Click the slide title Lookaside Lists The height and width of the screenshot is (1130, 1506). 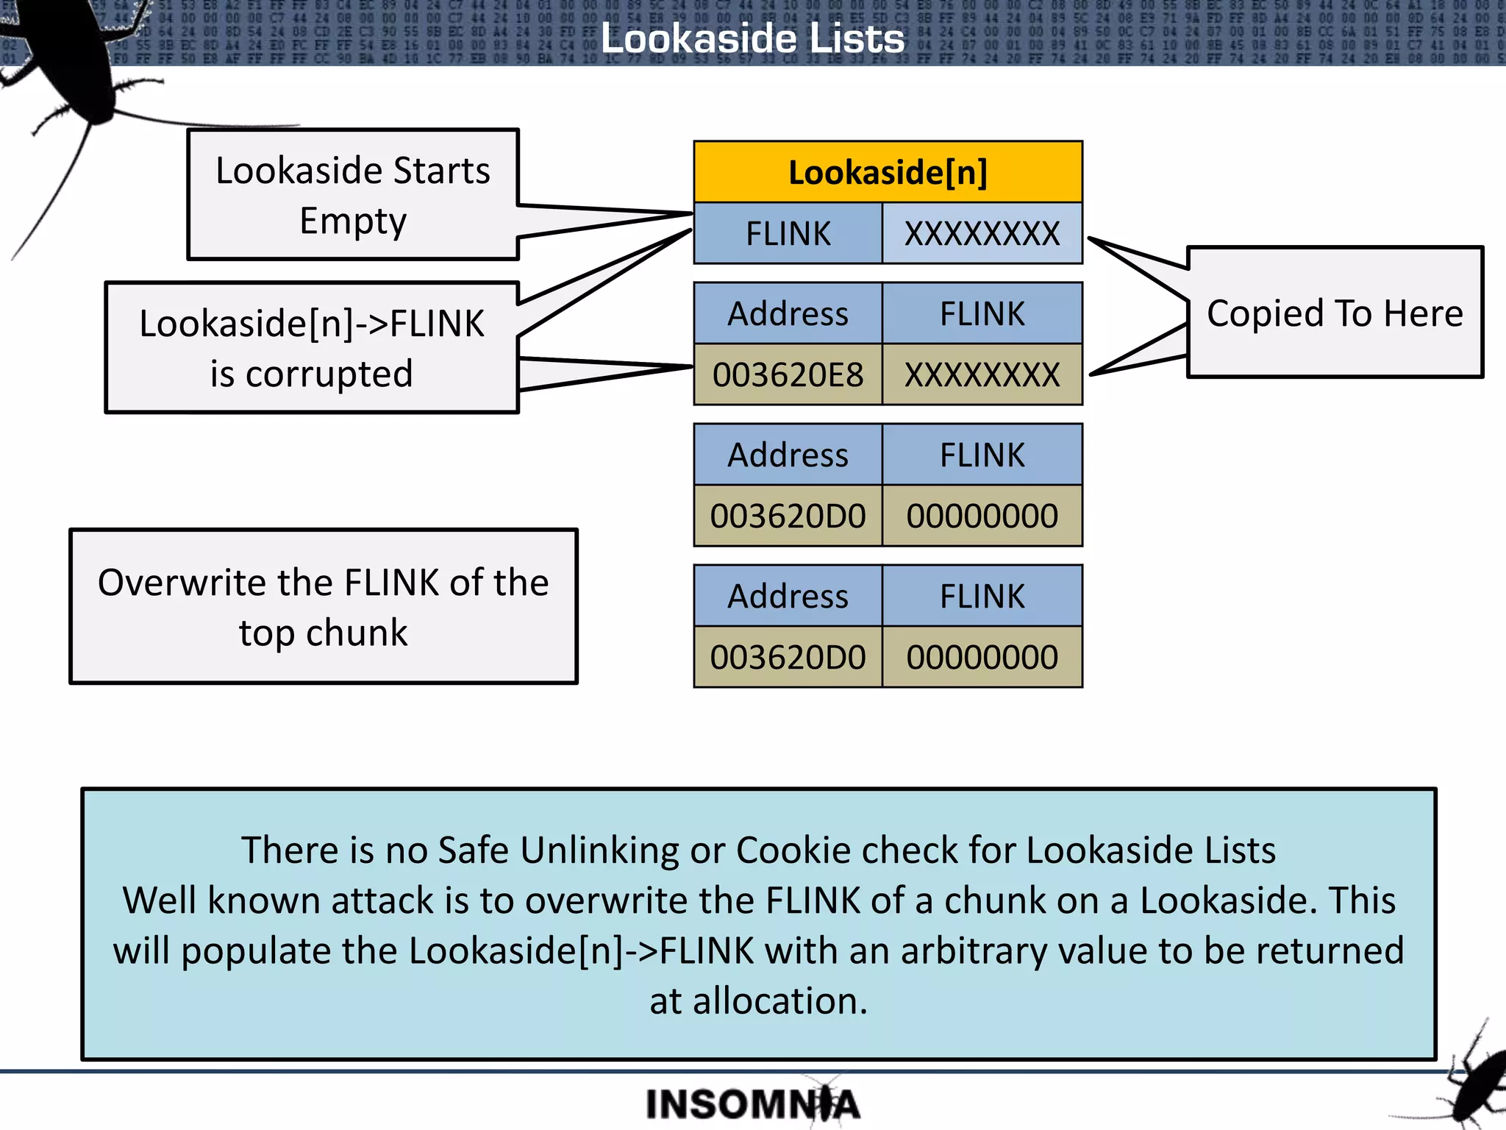tap(752, 38)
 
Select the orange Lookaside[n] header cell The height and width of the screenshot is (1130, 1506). tap(888, 172)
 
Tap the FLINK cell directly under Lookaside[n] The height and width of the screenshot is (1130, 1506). tap(788, 234)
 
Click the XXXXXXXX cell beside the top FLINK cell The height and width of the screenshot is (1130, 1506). tap(982, 234)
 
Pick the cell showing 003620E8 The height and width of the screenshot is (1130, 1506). tap(788, 375)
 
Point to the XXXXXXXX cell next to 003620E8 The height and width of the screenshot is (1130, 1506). tap(982, 375)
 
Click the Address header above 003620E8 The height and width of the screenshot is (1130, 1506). tap(788, 313)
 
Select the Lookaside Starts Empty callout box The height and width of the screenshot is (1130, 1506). tap(353, 195)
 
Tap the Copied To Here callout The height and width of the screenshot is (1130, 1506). tap(1335, 313)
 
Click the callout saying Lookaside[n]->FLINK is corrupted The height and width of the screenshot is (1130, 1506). tap(312, 348)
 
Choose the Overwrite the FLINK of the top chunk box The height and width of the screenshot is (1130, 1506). tap(324, 607)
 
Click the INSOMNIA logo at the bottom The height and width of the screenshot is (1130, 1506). tap(752, 1104)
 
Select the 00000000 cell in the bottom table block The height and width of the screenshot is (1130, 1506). tap(982, 657)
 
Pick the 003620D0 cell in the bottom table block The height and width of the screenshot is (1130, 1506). tap(788, 657)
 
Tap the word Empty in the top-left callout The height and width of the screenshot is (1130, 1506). tap(353, 221)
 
